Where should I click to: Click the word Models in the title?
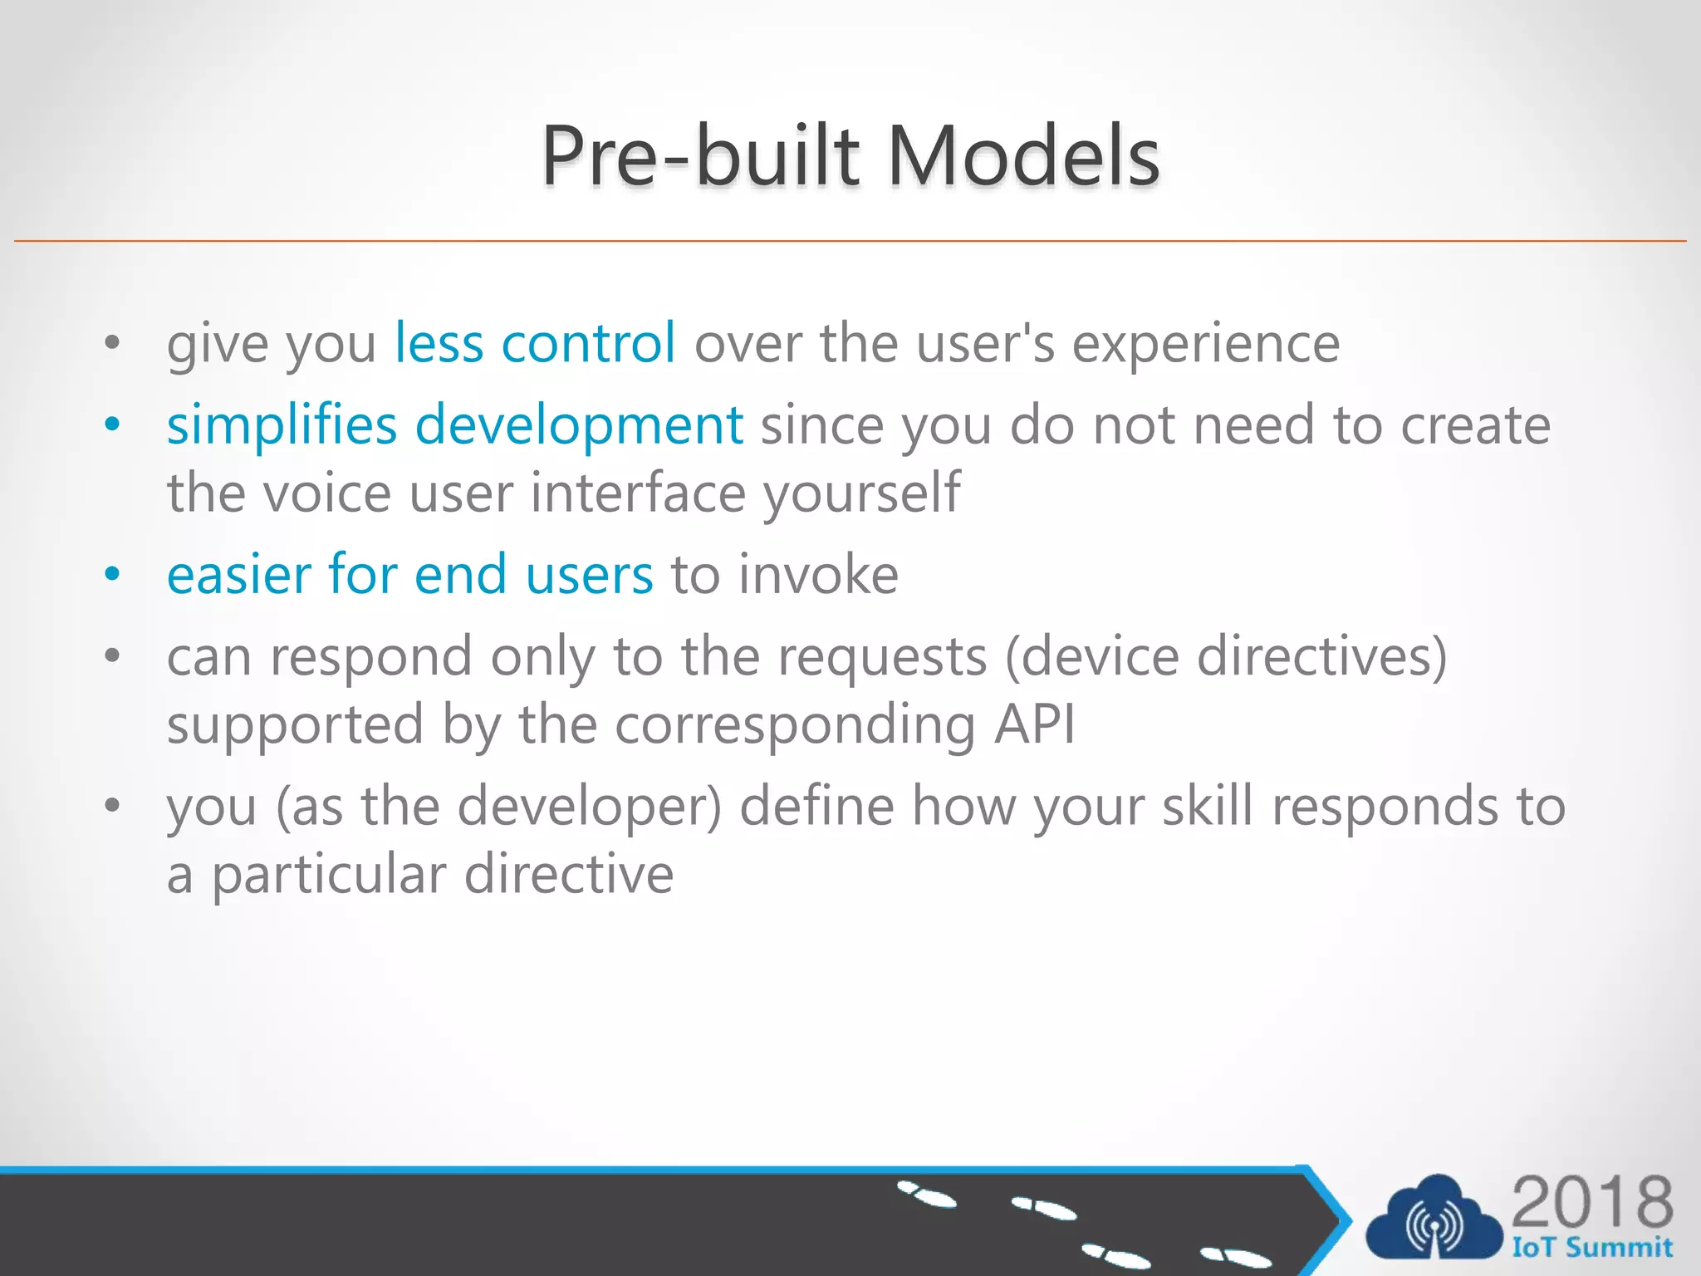(1023, 155)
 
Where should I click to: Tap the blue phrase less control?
(535, 343)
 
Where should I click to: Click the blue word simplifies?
(282, 425)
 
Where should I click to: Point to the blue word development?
(579, 426)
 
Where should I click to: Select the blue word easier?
(239, 574)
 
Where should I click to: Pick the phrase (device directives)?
(1226, 657)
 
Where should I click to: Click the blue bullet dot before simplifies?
(112, 425)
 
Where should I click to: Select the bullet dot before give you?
(112, 343)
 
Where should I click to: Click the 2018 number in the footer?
(1591, 1201)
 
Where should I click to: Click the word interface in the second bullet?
(638, 493)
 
